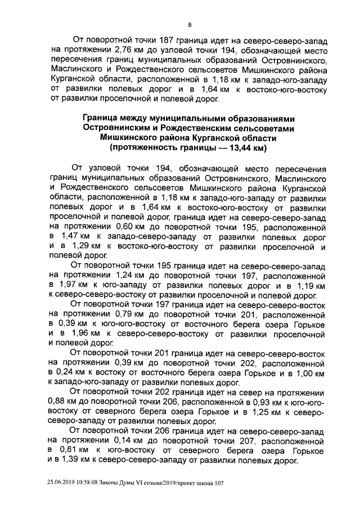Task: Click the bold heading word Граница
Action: coord(103,119)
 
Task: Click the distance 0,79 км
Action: coord(126,316)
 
